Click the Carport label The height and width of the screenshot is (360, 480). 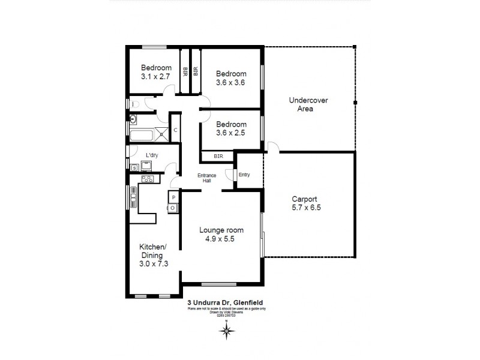click(x=304, y=200)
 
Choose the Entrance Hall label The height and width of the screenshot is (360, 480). click(x=206, y=178)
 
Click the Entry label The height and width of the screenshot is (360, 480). click(x=244, y=175)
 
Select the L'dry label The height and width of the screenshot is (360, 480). click(x=151, y=155)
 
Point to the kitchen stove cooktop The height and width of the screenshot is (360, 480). click(x=148, y=178)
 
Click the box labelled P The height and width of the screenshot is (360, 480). click(x=173, y=197)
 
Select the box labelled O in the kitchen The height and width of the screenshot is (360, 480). click(x=173, y=208)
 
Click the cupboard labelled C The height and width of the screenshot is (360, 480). click(x=175, y=130)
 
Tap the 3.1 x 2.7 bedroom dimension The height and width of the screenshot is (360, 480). click(x=155, y=77)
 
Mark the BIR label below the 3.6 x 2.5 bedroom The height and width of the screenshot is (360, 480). click(x=218, y=157)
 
